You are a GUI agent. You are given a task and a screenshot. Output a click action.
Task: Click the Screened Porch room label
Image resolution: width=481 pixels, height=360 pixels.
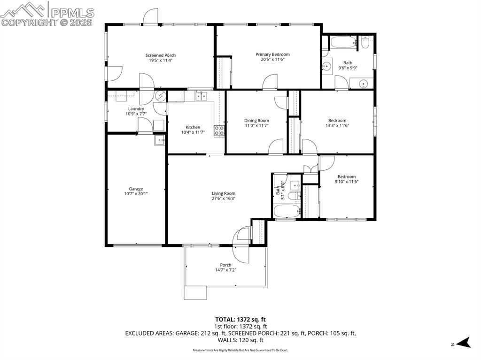(x=161, y=55)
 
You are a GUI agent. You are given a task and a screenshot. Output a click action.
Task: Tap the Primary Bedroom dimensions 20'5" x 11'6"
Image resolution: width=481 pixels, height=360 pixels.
(x=272, y=60)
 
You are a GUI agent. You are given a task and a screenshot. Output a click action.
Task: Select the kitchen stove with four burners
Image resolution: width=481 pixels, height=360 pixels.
(x=219, y=130)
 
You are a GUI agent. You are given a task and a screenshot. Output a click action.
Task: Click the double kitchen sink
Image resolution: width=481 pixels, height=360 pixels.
(x=201, y=96)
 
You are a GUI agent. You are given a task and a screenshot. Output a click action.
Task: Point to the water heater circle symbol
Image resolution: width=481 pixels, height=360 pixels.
(x=161, y=97)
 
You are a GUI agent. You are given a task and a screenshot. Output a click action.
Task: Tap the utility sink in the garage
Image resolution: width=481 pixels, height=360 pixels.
(x=159, y=139)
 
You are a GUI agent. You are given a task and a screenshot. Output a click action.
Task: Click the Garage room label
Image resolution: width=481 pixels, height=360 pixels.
(x=136, y=189)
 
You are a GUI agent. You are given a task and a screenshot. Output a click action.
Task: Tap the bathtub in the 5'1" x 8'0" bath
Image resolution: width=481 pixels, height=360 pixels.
(x=286, y=212)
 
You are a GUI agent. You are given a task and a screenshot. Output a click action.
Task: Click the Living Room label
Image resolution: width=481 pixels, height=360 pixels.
(x=224, y=193)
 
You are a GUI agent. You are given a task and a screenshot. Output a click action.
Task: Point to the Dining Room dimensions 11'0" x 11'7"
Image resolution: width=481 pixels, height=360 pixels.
(x=256, y=125)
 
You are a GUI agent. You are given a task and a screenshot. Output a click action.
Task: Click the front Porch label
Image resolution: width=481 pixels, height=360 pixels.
(x=225, y=265)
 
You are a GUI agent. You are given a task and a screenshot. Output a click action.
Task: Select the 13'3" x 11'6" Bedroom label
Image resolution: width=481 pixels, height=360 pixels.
(x=337, y=120)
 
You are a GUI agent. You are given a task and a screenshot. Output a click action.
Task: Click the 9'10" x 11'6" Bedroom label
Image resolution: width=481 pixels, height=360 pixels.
(x=347, y=176)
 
